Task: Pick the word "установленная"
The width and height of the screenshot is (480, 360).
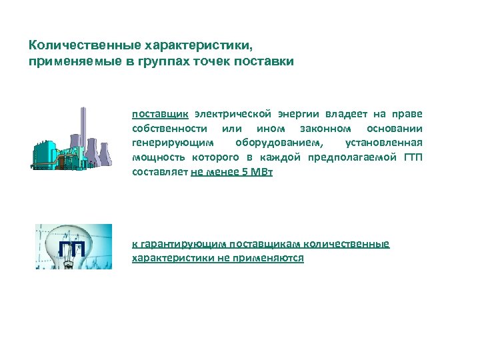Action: click(x=383, y=143)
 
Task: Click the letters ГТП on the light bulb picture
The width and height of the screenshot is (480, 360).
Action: click(x=71, y=249)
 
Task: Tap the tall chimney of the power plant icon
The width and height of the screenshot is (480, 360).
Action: click(x=83, y=133)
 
